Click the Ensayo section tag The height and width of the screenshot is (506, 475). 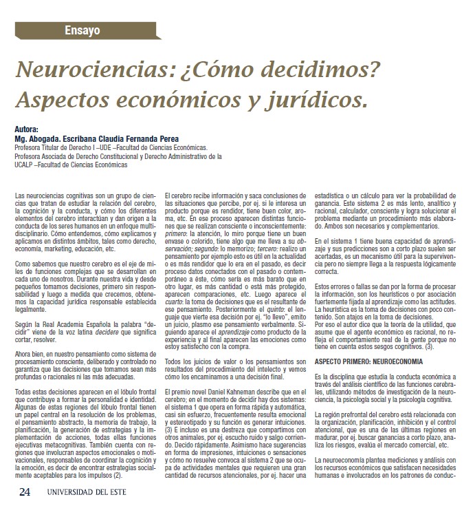(x=82, y=30)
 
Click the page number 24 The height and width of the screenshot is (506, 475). (x=25, y=492)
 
